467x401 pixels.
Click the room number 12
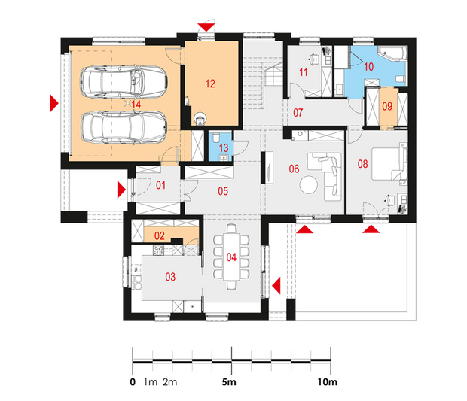pos(210,84)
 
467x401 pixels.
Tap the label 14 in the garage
pos(136,105)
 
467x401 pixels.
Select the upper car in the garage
pos(124,82)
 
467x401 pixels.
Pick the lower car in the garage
pos(124,128)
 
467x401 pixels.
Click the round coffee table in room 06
pos(309,185)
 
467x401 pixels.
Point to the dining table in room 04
pos(231,257)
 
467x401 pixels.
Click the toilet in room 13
pos(216,138)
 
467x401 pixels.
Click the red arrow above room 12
pos(206,27)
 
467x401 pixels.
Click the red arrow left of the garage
pos(54,103)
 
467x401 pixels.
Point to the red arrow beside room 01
pos(121,190)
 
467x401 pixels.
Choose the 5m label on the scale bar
pos(229,382)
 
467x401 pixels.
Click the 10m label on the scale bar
pos(328,382)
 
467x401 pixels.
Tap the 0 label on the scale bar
pos(133,382)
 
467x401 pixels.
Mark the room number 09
pos(387,106)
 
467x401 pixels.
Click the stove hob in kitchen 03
pos(158,250)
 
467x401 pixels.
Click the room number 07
pos(298,113)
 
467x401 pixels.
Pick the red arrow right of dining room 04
pos(276,286)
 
